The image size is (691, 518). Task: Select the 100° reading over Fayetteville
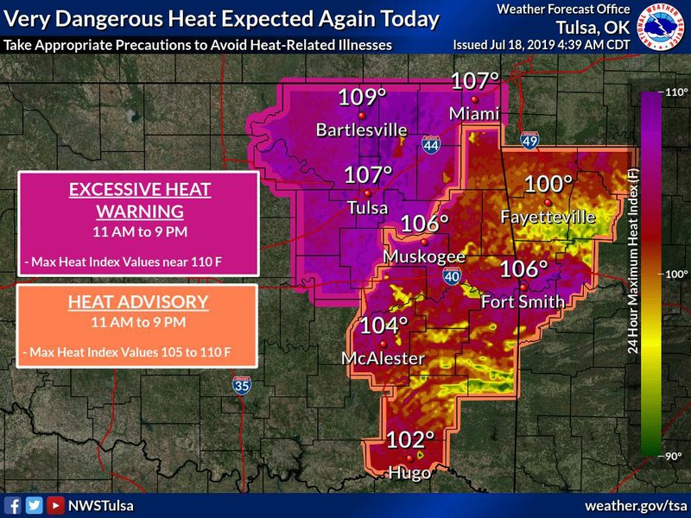tap(548, 184)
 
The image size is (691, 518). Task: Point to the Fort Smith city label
tap(523, 301)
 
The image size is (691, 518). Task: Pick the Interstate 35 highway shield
tap(242, 386)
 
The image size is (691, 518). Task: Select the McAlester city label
tap(383, 358)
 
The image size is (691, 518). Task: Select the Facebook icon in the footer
tap(14, 505)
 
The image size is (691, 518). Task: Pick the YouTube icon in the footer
tap(55, 505)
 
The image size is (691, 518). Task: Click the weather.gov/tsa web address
tap(635, 505)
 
